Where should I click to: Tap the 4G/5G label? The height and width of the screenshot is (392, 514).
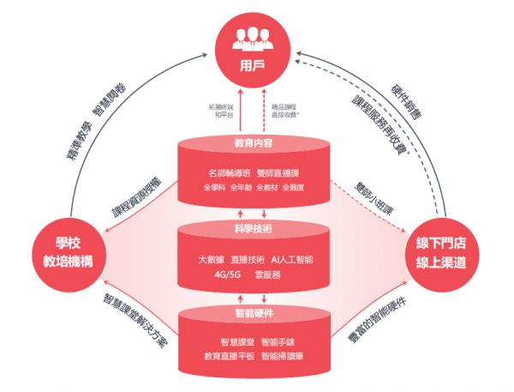tap(226, 274)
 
